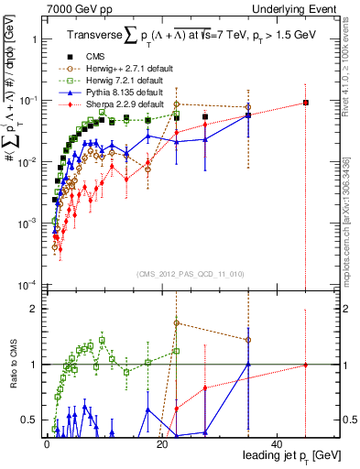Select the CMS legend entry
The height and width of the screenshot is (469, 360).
coord(104,57)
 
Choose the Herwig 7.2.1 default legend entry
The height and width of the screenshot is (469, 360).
coord(119,81)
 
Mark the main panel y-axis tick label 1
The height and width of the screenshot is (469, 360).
coord(34,40)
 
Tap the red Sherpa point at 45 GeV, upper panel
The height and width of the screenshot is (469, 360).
coord(306,103)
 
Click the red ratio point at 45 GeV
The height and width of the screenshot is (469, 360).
coord(306,365)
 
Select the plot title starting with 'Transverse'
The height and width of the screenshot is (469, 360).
coord(191,35)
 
